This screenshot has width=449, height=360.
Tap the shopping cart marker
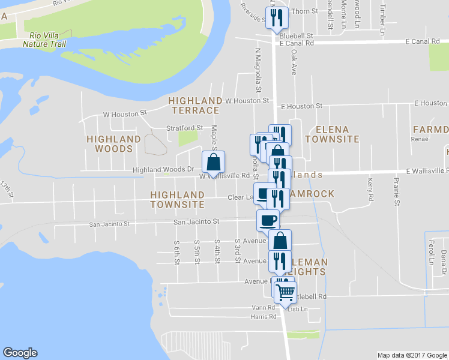285,292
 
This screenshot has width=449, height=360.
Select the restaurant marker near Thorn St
277,17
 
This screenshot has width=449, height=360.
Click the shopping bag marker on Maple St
213,162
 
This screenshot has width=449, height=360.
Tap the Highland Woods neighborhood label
113,144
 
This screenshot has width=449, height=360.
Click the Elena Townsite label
332,134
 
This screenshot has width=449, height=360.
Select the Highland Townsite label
177,200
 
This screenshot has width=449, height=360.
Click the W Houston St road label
125,113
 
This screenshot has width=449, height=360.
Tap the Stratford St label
184,128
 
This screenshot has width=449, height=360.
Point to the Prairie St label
396,189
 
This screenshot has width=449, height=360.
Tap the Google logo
20,353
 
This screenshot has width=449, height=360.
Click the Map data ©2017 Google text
411,355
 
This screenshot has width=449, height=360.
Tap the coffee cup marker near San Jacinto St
268,220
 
